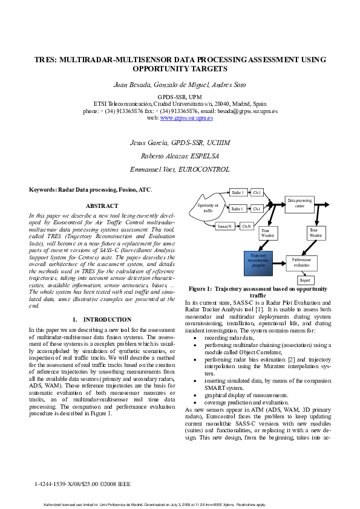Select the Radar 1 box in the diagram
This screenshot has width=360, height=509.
(237, 193)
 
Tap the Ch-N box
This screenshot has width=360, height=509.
(246, 226)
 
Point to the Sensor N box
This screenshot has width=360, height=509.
(225, 226)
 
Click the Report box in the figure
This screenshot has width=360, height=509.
(306, 280)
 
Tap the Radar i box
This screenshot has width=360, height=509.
(237, 209)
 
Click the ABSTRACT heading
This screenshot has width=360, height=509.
(102, 206)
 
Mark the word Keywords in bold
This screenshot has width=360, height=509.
(42, 189)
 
